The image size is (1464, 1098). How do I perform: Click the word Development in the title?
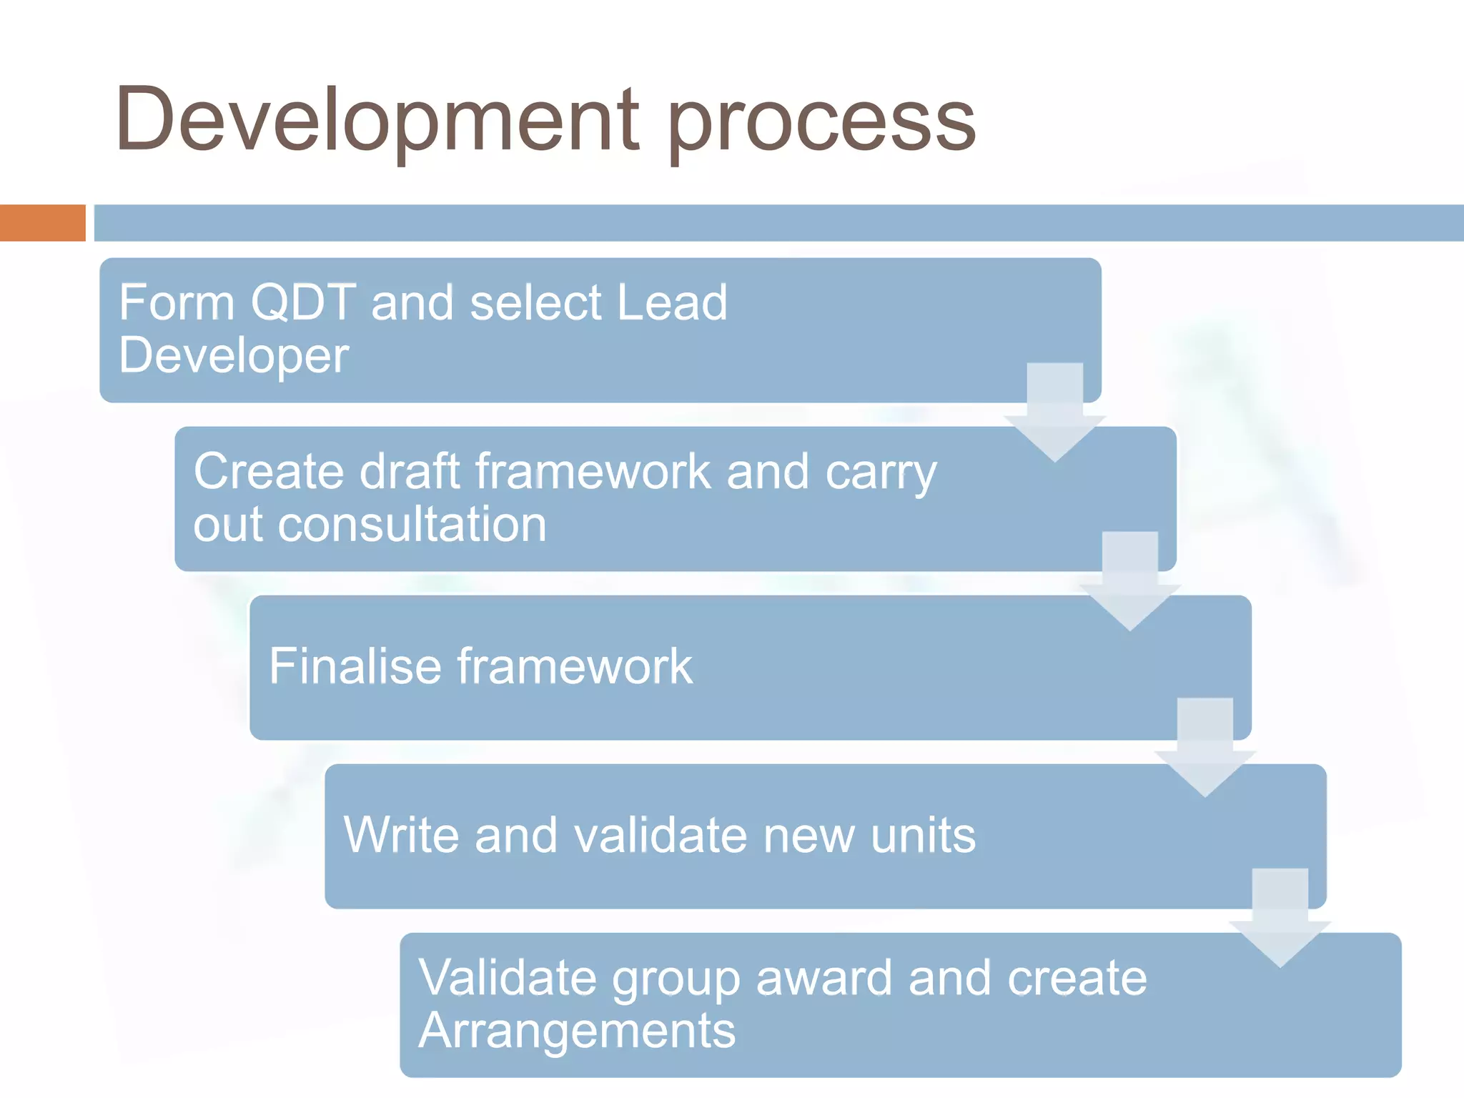(377, 120)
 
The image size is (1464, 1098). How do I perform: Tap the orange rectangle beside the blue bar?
(42, 223)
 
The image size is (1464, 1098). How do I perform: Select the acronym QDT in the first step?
(303, 302)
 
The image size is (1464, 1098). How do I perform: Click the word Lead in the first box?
(671, 302)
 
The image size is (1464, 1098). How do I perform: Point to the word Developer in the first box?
(234, 356)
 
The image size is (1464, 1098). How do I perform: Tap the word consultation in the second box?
(412, 525)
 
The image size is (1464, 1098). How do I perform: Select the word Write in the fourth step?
(400, 834)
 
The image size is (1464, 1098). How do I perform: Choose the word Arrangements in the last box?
(577, 1031)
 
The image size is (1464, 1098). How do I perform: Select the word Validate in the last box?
(507, 977)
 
